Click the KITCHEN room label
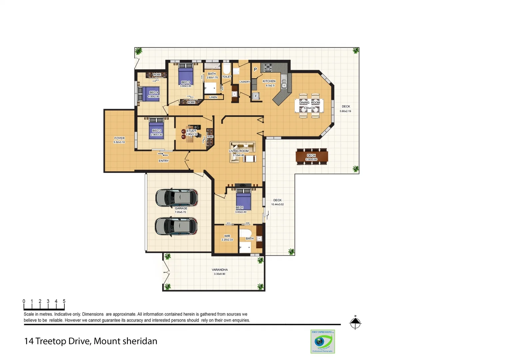(269, 81)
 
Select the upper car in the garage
(177, 197)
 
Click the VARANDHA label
(220, 270)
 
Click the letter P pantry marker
(255, 69)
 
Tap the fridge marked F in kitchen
(256, 96)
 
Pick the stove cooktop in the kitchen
(268, 68)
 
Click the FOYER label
(119, 138)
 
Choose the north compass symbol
(355, 323)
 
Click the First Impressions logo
(322, 341)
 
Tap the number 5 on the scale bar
(64, 301)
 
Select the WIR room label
(227, 236)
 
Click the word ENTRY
(164, 161)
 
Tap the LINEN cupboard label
(213, 97)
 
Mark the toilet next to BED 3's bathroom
(227, 69)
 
